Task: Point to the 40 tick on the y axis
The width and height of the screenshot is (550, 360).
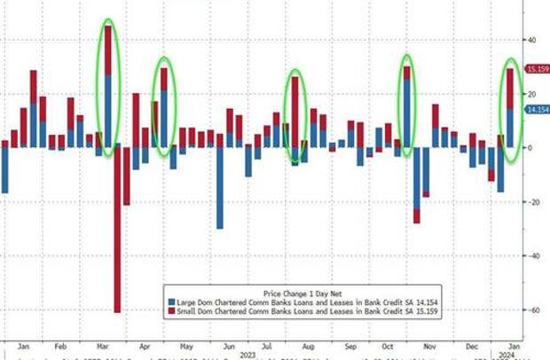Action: point(533,40)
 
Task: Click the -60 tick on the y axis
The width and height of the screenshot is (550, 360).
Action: point(535,310)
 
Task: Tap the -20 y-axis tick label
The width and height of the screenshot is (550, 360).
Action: point(535,202)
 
